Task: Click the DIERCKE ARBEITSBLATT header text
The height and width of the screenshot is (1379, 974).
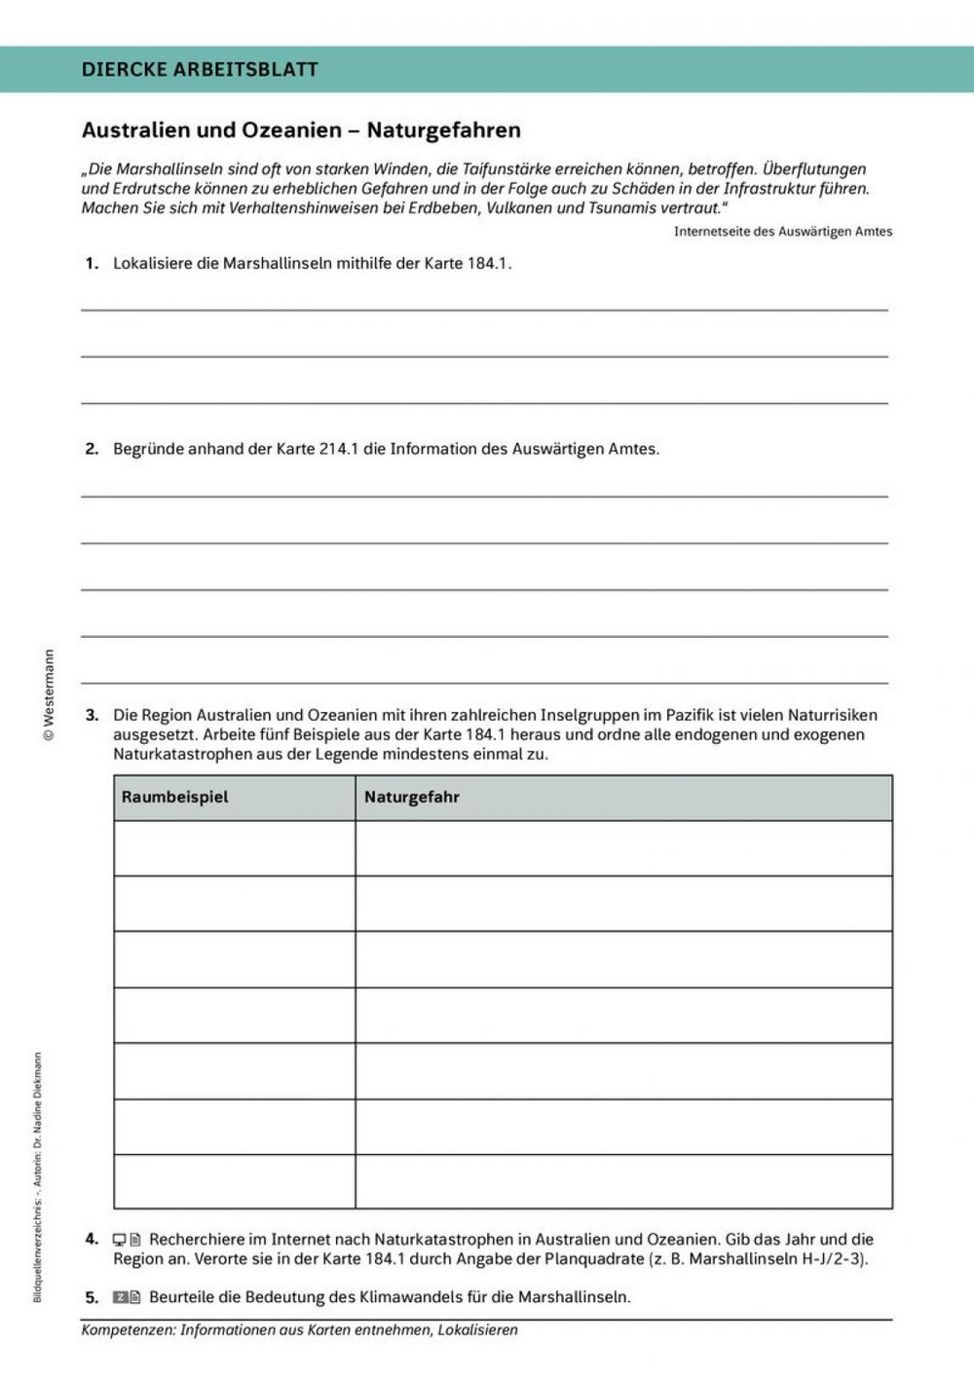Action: pyautogui.click(x=200, y=69)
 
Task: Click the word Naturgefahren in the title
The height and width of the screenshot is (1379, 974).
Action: pyautogui.click(x=443, y=130)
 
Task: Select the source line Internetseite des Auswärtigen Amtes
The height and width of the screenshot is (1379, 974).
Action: pyautogui.click(x=782, y=232)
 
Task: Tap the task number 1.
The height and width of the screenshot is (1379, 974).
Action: pyautogui.click(x=92, y=263)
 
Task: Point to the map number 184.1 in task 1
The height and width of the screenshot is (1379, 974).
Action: pyautogui.click(x=489, y=263)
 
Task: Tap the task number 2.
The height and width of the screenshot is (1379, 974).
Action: pyautogui.click(x=92, y=449)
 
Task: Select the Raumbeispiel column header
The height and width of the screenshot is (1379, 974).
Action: pyautogui.click(x=174, y=797)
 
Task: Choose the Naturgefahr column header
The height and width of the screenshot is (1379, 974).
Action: pyautogui.click(x=411, y=797)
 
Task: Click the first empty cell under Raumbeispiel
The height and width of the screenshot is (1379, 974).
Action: pyautogui.click(x=234, y=848)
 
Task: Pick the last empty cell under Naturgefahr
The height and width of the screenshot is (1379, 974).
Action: pyautogui.click(x=623, y=1181)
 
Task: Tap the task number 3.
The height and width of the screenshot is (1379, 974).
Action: pyautogui.click(x=92, y=715)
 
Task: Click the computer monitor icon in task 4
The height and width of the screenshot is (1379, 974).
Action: pyautogui.click(x=119, y=1240)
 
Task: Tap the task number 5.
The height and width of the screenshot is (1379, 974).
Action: pyautogui.click(x=92, y=1297)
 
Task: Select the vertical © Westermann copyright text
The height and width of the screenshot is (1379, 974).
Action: pyautogui.click(x=49, y=695)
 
